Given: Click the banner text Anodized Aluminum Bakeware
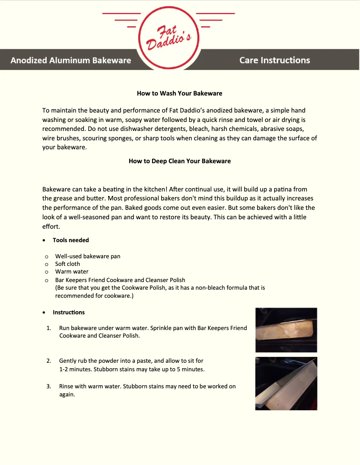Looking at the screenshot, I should [71, 61].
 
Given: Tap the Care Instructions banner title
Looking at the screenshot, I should [275, 60].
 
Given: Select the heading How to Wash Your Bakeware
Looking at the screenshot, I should [180, 94].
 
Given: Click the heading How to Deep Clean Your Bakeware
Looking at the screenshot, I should [180, 161].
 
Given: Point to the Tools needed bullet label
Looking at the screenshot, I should [70, 240].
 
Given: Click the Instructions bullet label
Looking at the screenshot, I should [69, 312].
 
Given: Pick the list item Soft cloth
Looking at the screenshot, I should [67, 264].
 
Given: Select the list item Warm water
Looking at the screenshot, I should [72, 272].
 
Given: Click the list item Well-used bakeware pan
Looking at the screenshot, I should [88, 256].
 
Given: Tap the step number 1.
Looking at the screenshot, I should [48, 328].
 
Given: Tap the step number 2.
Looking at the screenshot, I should [48, 361].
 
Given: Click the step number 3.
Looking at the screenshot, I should [48, 387].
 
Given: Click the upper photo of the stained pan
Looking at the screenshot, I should [286, 330].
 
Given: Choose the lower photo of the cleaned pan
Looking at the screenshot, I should [286, 383].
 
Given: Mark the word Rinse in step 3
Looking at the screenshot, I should [67, 387].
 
